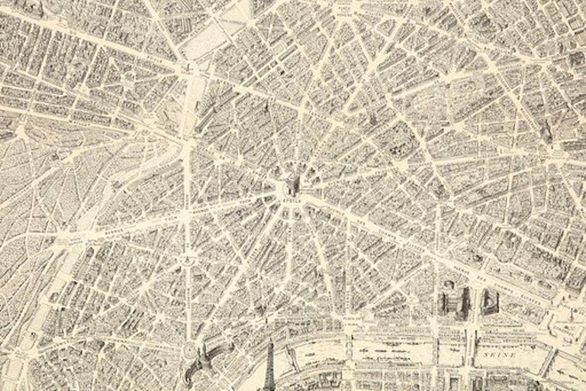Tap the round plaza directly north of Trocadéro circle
click(x=186, y=262)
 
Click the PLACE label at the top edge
click(x=347, y=7)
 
